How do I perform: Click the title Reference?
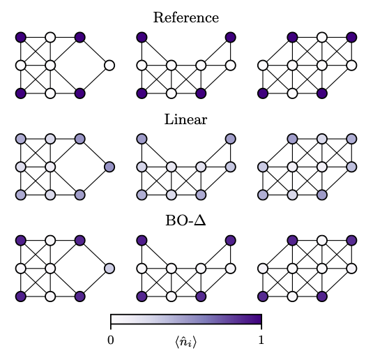click(185, 17)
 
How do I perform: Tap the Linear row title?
click(185, 119)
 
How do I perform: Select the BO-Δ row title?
click(185, 220)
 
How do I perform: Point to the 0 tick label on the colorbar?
click(111, 340)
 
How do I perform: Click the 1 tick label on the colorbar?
click(261, 340)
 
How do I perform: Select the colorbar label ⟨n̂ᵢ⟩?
click(185, 342)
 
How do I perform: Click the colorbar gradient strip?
click(186, 320)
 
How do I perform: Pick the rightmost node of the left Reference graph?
click(109, 66)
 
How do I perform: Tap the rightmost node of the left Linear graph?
click(109, 167)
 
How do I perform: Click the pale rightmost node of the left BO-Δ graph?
click(109, 269)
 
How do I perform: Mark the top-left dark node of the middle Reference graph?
click(142, 38)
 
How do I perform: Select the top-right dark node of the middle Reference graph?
click(231, 38)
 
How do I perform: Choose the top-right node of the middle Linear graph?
click(231, 139)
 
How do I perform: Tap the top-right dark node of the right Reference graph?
click(351, 38)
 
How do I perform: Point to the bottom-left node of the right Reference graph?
click(263, 93)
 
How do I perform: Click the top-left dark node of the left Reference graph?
click(21, 38)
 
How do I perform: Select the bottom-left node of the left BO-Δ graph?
click(21, 296)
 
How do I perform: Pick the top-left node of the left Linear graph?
click(21, 139)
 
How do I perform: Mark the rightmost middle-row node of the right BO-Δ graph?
click(351, 269)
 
